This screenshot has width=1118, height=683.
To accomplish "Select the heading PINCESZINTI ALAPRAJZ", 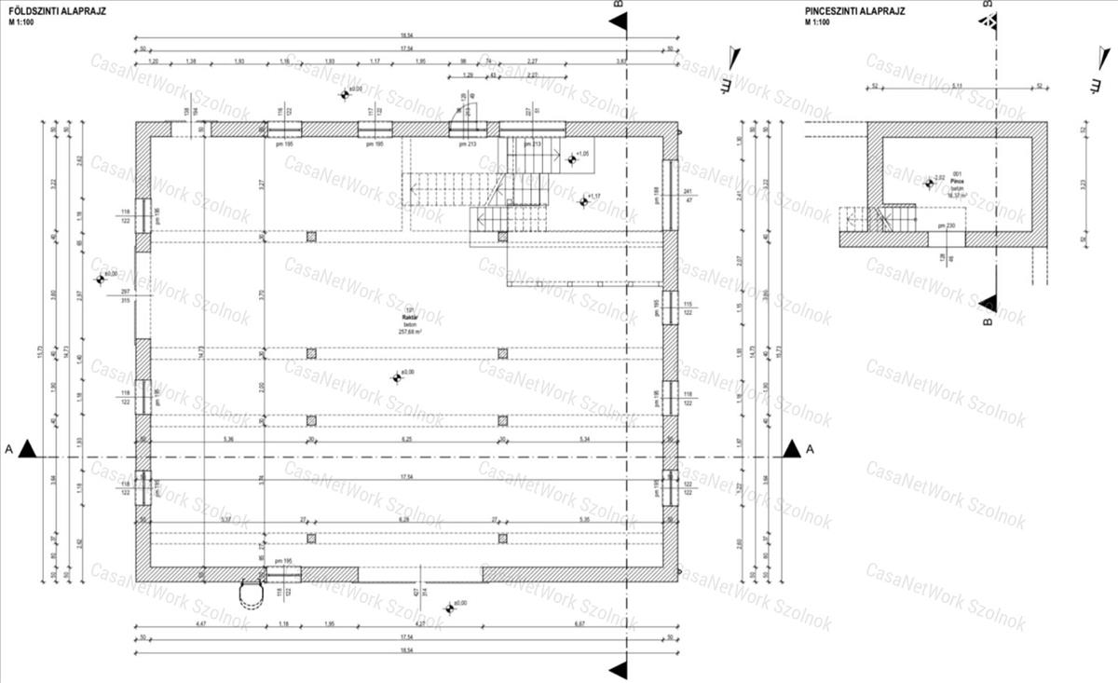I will click(x=854, y=12).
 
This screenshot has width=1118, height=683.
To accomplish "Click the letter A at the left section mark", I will click(x=8, y=449).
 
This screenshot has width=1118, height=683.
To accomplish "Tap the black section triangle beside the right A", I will click(x=792, y=449).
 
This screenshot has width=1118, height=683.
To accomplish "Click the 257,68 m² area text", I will click(x=410, y=332).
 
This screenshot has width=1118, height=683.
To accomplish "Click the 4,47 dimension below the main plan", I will click(x=199, y=623).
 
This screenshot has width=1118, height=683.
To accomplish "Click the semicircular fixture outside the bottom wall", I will click(x=251, y=593).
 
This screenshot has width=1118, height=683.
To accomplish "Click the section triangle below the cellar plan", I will click(x=990, y=304).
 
